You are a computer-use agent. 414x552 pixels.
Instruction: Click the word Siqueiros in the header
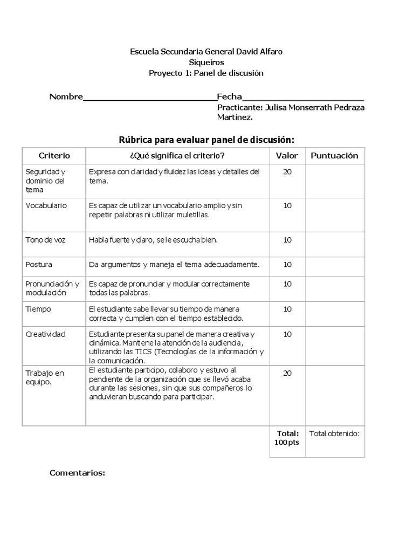(206, 62)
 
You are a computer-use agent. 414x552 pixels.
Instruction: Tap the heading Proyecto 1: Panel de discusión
(206, 73)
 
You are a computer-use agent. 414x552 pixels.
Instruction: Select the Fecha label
(229, 97)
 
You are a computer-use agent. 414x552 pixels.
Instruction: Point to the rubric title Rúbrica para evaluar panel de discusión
(206, 140)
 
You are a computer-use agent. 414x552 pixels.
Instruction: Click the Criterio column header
(54, 155)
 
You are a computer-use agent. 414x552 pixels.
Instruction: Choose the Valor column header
(287, 155)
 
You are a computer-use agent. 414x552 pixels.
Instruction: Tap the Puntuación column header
(334, 155)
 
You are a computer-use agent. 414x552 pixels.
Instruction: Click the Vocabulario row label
(46, 206)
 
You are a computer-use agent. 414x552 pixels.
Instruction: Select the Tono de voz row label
(45, 239)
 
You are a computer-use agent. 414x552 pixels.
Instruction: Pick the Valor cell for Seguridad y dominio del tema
(287, 172)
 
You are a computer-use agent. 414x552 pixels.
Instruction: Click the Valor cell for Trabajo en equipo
(287, 373)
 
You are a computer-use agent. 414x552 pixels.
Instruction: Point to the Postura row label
(39, 265)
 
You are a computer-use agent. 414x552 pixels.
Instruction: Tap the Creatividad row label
(45, 334)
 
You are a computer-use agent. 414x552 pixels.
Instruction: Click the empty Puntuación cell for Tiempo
(335, 313)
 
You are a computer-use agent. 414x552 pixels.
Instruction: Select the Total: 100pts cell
(287, 438)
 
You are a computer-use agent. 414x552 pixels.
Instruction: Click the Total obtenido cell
(334, 433)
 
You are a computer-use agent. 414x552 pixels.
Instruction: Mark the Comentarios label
(77, 473)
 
